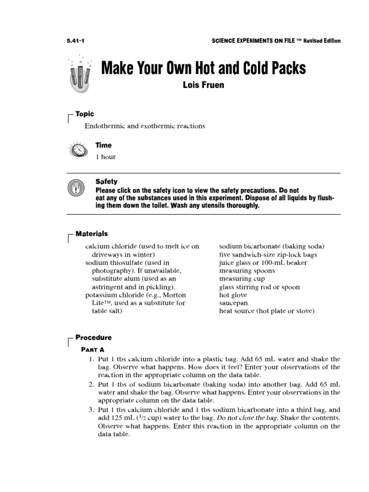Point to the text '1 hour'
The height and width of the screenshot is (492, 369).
click(x=105, y=157)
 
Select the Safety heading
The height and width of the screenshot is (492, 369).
click(x=106, y=182)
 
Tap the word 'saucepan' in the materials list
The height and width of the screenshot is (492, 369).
click(x=234, y=303)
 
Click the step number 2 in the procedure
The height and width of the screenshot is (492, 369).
click(x=91, y=384)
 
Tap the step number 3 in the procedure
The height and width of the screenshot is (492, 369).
click(x=91, y=410)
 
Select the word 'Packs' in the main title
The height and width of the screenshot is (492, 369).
click(x=283, y=68)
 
